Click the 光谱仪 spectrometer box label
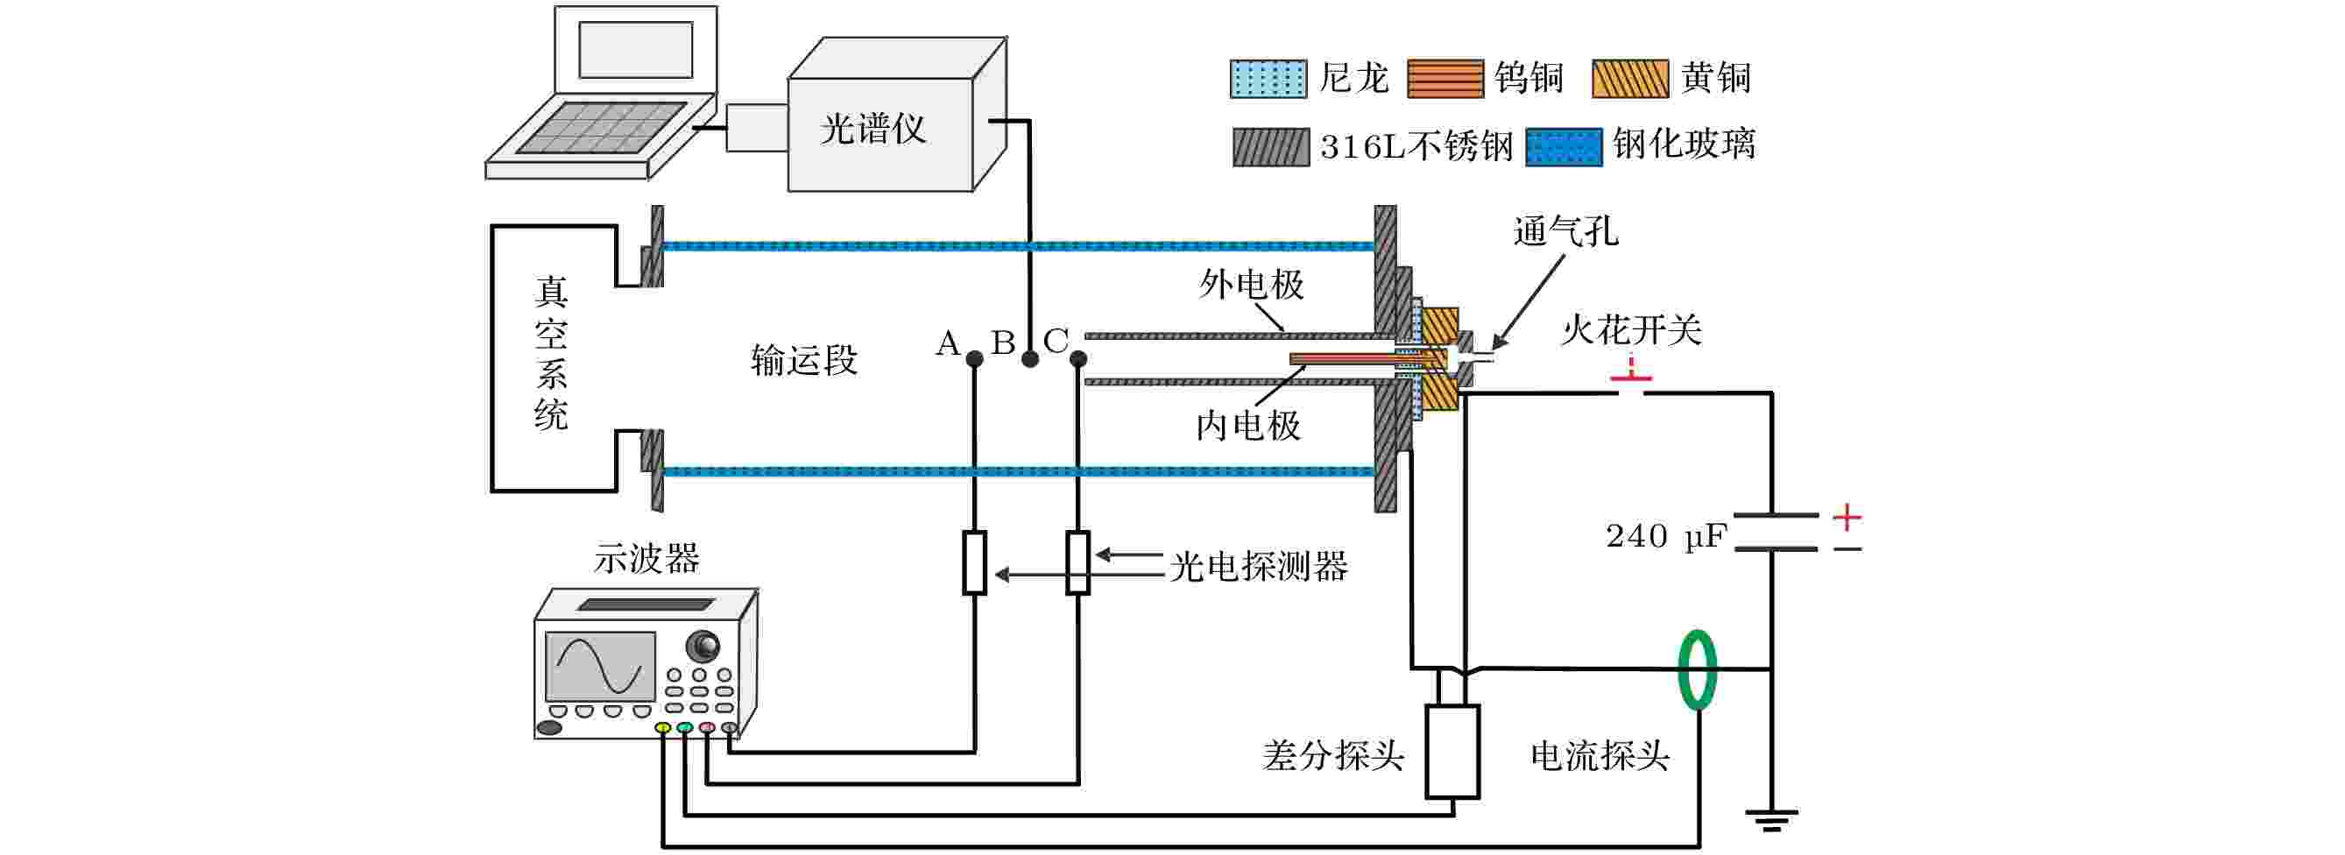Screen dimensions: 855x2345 (872, 130)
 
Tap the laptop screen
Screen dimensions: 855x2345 (635, 50)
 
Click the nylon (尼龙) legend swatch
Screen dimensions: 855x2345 (1268, 79)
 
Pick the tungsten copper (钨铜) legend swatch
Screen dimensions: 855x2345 (1444, 79)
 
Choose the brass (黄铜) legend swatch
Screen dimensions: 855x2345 (1629, 79)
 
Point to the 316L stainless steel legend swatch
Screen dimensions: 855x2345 (1271, 146)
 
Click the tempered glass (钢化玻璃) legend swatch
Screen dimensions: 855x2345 (1563, 146)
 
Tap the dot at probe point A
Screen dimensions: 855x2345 (974, 359)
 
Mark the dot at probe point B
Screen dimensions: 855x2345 (1029, 359)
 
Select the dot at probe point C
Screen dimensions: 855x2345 (1078, 359)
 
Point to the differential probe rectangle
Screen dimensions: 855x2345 (1452, 752)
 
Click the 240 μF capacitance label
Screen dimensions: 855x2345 (1665, 536)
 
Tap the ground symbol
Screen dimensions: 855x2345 (1770, 819)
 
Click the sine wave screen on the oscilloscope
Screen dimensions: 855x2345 (600, 667)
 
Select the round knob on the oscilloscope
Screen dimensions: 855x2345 (703, 646)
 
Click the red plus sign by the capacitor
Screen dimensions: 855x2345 (1847, 517)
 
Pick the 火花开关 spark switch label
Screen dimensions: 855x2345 (1630, 329)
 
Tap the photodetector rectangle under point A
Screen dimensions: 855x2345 (974, 562)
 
